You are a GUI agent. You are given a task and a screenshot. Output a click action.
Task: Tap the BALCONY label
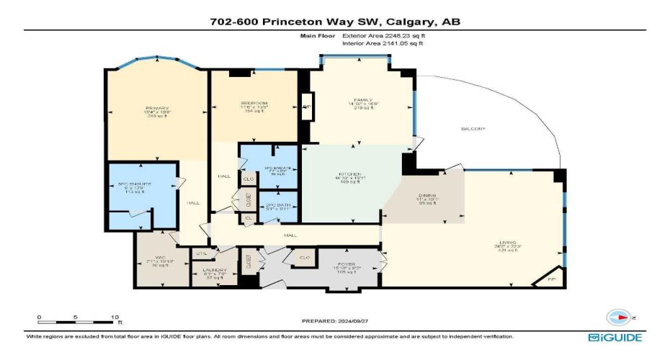(473, 129)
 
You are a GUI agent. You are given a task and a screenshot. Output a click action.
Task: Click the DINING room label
(429, 196)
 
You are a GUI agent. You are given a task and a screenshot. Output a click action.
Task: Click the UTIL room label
(202, 253)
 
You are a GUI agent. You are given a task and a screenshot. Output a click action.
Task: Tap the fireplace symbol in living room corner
(552, 279)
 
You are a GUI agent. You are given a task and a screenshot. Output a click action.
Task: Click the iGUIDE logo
(615, 337)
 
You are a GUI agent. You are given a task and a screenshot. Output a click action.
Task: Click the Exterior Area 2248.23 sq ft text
(382, 35)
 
